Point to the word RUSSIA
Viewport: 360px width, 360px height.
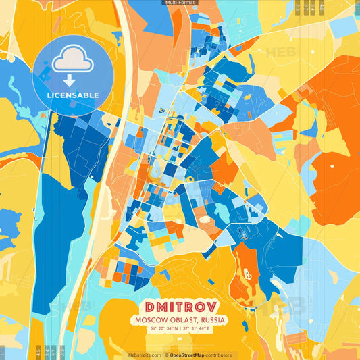click(211, 319)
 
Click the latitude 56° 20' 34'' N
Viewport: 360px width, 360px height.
click(161, 329)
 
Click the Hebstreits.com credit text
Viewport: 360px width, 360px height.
click(145, 355)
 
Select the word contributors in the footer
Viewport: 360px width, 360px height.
click(220, 355)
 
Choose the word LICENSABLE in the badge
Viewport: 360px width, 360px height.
click(73, 94)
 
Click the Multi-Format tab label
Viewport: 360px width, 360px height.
click(180, 3)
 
